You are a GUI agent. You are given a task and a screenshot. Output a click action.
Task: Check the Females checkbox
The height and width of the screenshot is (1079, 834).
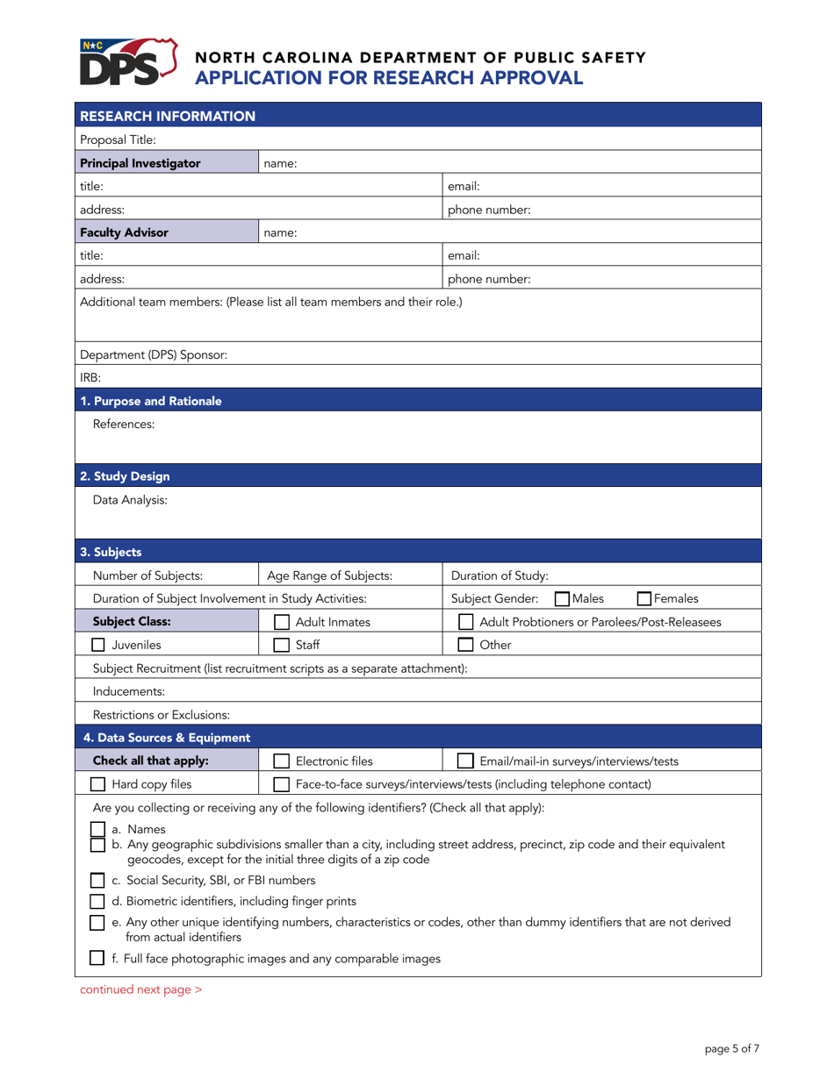[643, 599]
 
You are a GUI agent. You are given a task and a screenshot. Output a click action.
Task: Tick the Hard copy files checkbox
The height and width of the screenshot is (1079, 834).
[99, 760]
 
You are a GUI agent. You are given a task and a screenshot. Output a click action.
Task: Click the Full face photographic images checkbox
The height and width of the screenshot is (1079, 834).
[99, 959]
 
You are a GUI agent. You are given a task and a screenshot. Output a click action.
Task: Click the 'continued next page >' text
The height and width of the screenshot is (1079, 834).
[140, 990]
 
